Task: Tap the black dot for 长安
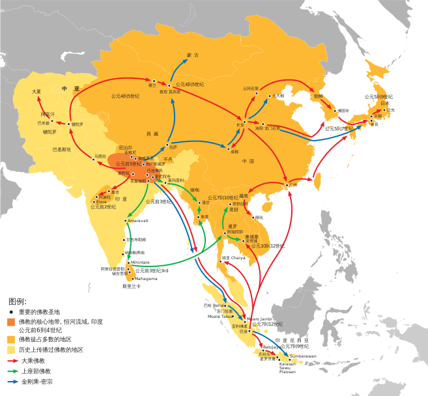(x=244, y=124)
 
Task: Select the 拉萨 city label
(x=172, y=149)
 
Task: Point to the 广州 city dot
(x=287, y=185)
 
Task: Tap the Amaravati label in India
(x=138, y=221)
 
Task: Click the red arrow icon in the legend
(x=12, y=360)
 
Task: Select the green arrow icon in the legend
(x=12, y=371)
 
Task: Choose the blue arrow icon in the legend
(x=12, y=381)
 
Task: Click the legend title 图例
(x=18, y=302)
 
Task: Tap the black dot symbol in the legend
(x=12, y=312)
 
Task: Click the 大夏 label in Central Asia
(x=36, y=91)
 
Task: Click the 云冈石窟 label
(x=251, y=88)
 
